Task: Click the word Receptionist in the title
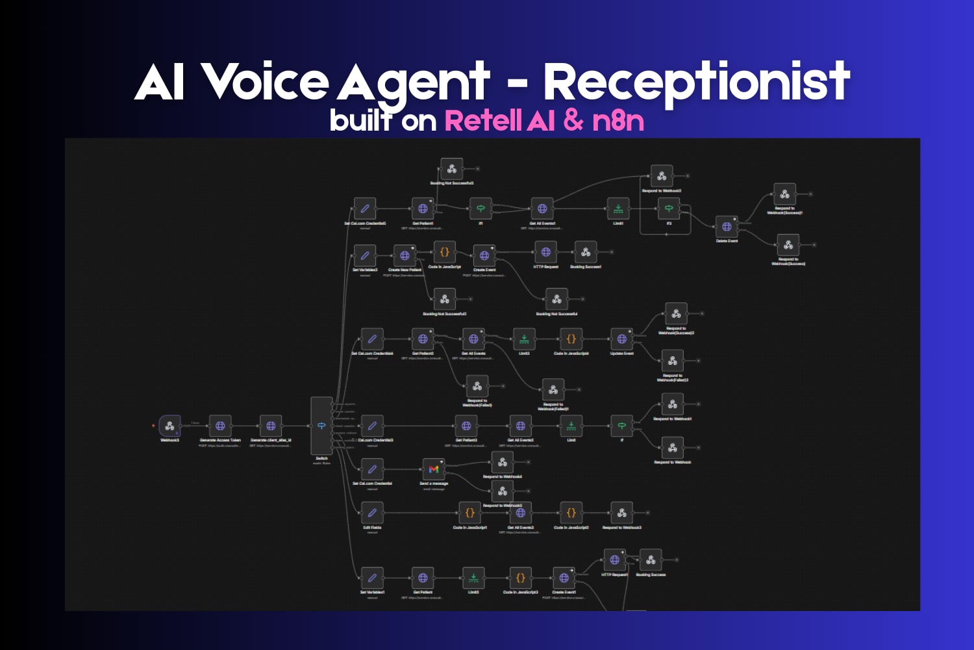[696, 83]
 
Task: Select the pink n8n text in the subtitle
[618, 120]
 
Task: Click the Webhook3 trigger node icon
[169, 426]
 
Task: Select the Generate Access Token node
[220, 426]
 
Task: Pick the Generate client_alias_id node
[271, 426]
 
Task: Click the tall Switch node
[321, 426]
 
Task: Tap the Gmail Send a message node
[434, 469]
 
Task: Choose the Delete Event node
[727, 227]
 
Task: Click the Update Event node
[621, 339]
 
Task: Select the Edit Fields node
[372, 513]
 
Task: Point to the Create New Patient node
[405, 255]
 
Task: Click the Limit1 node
[618, 209]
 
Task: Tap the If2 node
[669, 209]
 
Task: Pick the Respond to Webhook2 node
[662, 176]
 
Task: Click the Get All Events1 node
[542, 209]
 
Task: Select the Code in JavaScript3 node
[520, 577]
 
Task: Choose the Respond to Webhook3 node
[621, 513]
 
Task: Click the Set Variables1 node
[372, 577]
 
